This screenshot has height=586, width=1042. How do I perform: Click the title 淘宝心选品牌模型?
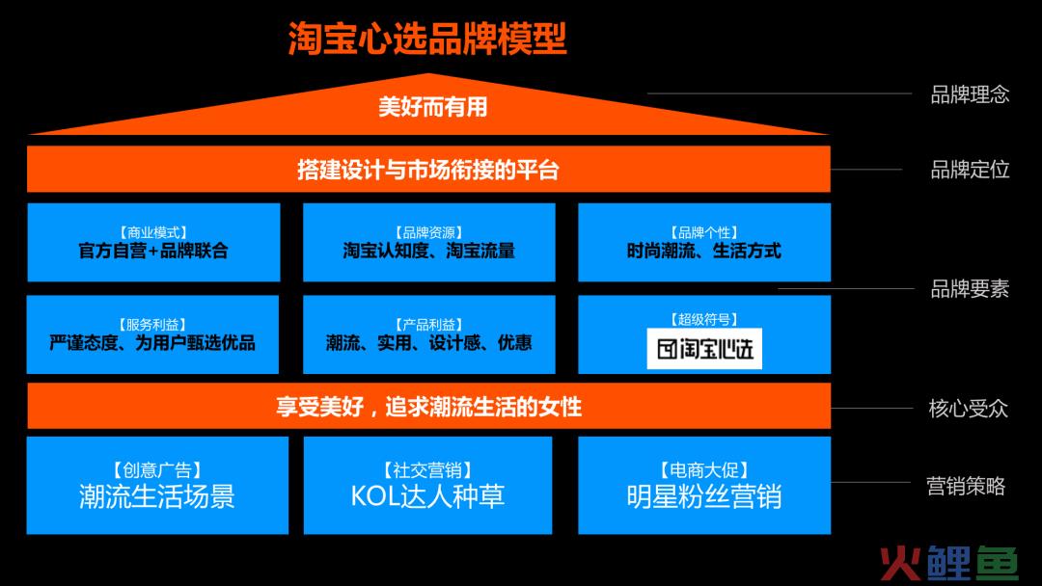(427, 39)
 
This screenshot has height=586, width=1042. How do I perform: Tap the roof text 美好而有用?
(432, 107)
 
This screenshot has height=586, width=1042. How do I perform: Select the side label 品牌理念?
(970, 94)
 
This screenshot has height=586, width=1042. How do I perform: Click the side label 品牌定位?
(970, 170)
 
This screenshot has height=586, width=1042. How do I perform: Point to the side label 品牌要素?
(970, 289)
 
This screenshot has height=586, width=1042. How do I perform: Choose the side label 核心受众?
(969, 408)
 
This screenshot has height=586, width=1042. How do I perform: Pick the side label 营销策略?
(966, 486)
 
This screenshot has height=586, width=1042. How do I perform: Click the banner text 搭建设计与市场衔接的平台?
(428, 170)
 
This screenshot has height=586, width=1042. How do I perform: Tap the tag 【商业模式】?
(153, 232)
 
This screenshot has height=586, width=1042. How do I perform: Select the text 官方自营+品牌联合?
(153, 251)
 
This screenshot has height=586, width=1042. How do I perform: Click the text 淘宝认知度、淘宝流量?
(428, 251)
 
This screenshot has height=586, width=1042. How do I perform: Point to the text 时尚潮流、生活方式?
(703, 251)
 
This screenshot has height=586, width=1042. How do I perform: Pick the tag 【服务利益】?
(152, 325)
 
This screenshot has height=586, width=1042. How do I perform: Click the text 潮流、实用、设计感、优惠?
(428, 342)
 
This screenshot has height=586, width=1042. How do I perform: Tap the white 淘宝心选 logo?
(704, 348)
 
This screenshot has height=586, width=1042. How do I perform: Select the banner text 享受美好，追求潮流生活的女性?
(428, 407)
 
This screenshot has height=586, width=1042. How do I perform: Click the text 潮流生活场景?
(157, 496)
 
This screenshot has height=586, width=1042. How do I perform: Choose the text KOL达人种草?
(428, 496)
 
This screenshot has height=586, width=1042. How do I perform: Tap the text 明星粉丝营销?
(703, 496)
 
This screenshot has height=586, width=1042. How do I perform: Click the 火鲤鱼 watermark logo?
(949, 564)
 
